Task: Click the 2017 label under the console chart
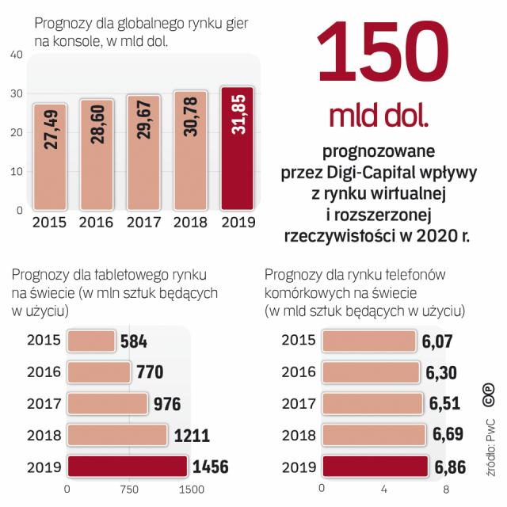(144, 223)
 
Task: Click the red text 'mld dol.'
(379, 117)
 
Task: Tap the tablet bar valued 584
(92, 341)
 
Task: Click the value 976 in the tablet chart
(167, 404)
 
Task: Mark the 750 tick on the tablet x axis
(130, 489)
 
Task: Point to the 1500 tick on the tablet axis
(190, 489)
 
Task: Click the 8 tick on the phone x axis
(446, 489)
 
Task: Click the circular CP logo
(488, 394)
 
